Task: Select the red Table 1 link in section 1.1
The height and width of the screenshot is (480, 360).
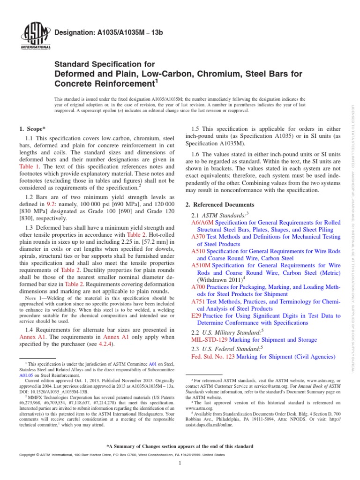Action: coord(30,166)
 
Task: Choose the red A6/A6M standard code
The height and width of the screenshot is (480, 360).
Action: coord(203,222)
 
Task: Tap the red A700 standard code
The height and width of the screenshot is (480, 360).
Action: coord(199,287)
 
